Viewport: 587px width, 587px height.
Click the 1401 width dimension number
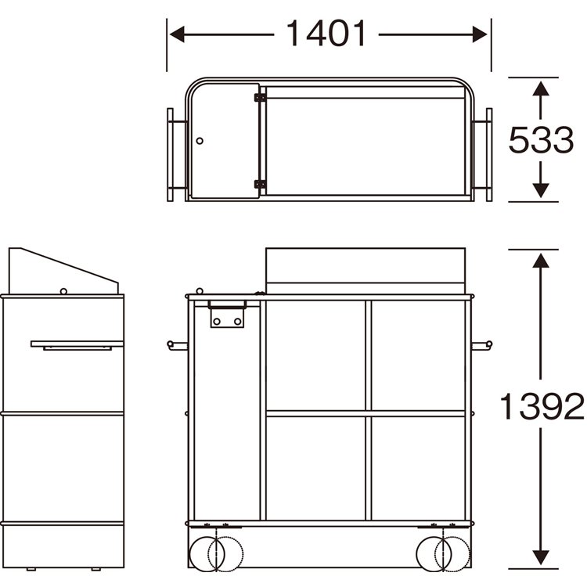tap(326, 34)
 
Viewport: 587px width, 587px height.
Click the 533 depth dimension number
tap(541, 139)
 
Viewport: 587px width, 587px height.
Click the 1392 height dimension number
tap(542, 406)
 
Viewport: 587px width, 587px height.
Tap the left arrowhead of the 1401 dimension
tap(177, 34)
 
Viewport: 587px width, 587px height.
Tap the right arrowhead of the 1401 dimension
tap(480, 34)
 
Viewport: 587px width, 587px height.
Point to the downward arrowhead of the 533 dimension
tap(541, 190)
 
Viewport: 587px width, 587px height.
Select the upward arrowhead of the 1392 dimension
tap(541, 261)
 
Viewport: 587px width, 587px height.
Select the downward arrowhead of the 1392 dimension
tap(541, 557)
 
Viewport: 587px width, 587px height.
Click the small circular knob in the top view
tap(200, 141)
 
